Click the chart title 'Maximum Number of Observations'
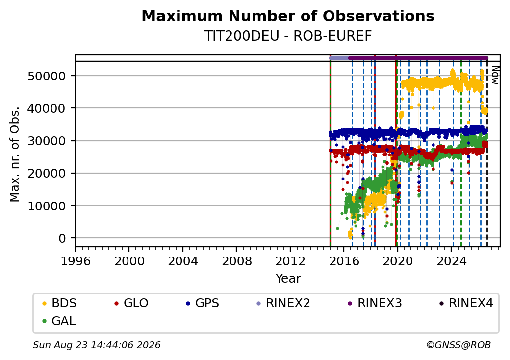pyautogui.click(x=288, y=16)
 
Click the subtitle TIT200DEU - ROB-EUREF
pyautogui.click(x=288, y=36)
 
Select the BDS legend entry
pyautogui.click(x=59, y=303)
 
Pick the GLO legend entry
pyautogui.click(x=131, y=303)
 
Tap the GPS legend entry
pyautogui.click(x=203, y=303)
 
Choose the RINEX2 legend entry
pyautogui.click(x=283, y=303)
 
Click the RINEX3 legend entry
pyautogui.click(x=375, y=303)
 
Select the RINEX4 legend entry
pyautogui.click(x=466, y=303)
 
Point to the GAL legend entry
pyautogui.click(x=59, y=321)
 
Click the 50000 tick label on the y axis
pyautogui.click(x=47, y=76)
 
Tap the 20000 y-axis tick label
pyautogui.click(x=47, y=173)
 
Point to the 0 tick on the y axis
pyautogui.click(x=62, y=238)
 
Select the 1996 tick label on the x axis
pyautogui.click(x=76, y=261)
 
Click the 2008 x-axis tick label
pyautogui.click(x=236, y=261)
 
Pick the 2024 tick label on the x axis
pyautogui.click(x=451, y=261)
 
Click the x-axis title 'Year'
pyautogui.click(x=288, y=279)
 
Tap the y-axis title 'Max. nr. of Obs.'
pyautogui.click(x=15, y=154)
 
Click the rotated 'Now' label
pyautogui.click(x=495, y=75)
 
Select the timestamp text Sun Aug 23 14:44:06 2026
pyautogui.click(x=97, y=345)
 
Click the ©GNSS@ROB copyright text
pyautogui.click(x=459, y=345)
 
